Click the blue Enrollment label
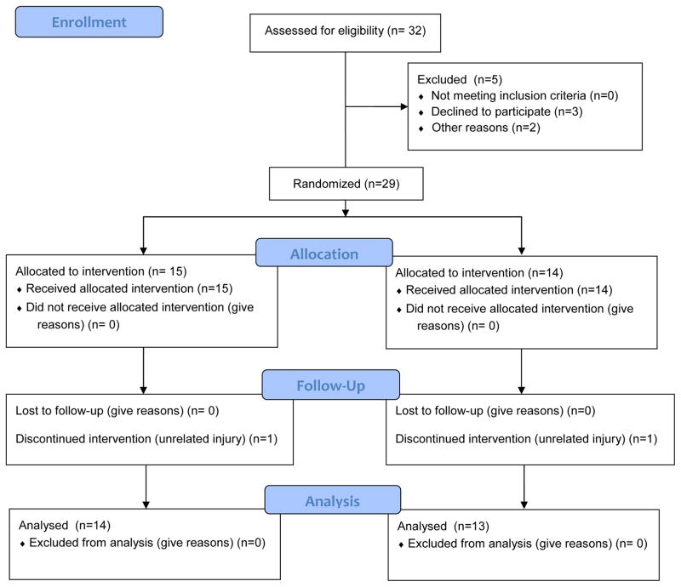[89, 22]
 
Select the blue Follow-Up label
[330, 385]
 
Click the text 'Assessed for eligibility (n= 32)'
[346, 31]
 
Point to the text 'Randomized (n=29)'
[346, 184]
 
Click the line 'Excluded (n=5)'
[460, 79]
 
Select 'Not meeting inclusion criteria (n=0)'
[524, 95]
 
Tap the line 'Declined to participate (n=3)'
[506, 111]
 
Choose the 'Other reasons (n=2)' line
[485, 128]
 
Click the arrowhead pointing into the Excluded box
[403, 106]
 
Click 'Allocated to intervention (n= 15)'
[101, 271]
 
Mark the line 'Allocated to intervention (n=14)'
[479, 273]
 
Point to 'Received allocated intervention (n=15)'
[129, 288]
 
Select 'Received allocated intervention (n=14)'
[509, 290]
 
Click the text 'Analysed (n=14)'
[65, 526]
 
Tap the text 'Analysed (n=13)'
[444, 527]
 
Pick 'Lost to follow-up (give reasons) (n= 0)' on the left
[117, 411]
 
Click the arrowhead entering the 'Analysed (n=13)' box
[524, 505]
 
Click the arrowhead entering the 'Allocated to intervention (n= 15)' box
[143, 251]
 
